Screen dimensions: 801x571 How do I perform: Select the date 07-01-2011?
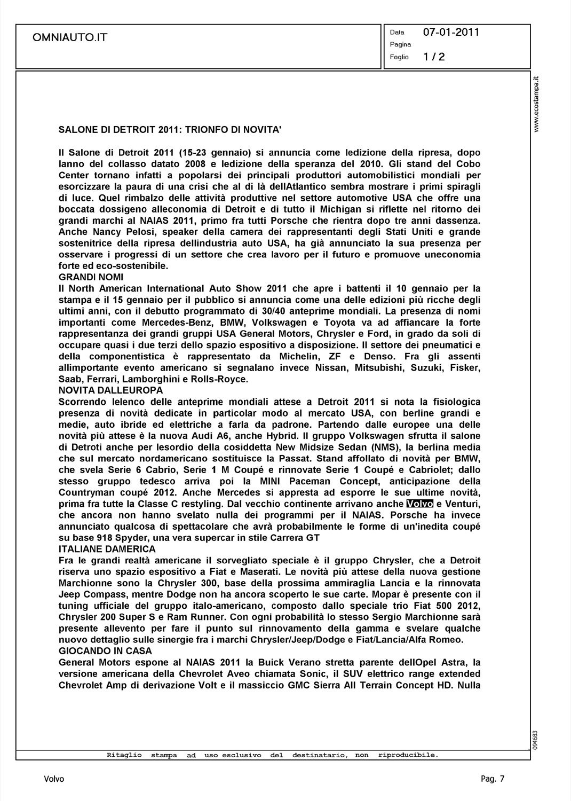(451, 32)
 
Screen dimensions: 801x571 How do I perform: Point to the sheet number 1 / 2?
(434, 57)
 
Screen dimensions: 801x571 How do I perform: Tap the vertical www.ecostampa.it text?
(537, 105)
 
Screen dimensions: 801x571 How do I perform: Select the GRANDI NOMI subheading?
(91, 277)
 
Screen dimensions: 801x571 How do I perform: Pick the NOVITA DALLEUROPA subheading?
(110, 390)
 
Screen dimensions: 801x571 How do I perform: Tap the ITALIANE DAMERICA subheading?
(107, 549)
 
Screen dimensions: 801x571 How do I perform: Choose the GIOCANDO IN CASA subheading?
(105, 651)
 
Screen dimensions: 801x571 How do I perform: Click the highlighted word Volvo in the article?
(419, 504)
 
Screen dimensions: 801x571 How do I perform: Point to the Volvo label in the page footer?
(54, 779)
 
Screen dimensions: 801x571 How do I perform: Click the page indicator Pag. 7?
(492, 779)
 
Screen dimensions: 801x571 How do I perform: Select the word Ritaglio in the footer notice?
(124, 755)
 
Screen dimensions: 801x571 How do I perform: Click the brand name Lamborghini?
(147, 379)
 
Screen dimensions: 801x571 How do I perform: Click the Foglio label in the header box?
(399, 57)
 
